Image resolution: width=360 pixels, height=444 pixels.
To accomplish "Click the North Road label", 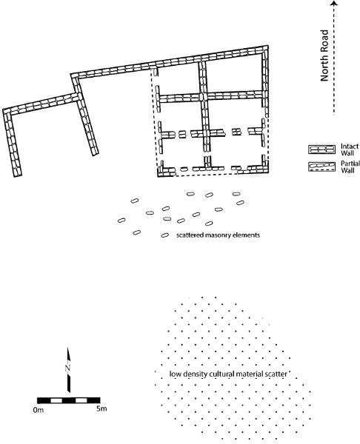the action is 324,55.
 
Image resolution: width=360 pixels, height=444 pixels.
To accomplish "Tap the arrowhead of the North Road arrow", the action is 335,3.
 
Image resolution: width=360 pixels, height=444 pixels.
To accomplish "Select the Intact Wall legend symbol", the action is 321,149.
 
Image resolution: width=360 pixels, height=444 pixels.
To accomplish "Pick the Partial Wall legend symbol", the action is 321,166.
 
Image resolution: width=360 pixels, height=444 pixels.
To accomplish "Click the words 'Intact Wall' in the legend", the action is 349,149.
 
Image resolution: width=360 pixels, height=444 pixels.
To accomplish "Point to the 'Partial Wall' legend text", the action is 350,166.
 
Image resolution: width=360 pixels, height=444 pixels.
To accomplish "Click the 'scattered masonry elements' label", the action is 218,235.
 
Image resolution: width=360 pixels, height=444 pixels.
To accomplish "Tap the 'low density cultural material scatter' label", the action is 228,374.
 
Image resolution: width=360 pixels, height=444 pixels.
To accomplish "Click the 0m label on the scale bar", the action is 39,410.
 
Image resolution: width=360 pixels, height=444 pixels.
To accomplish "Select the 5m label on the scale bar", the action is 101,408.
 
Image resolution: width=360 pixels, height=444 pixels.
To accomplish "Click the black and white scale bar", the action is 69,400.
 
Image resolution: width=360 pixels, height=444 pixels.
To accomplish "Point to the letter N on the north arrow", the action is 67,367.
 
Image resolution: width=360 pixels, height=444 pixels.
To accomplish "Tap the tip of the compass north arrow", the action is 68,348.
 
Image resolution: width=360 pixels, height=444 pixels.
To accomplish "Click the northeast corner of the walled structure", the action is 268,46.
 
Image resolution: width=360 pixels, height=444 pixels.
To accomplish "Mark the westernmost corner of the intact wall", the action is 2,110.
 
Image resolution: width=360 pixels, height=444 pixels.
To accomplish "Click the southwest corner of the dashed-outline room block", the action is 158,177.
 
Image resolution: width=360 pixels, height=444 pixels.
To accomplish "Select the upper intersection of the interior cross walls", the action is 203,96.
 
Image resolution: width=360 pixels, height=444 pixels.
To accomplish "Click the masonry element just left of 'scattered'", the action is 165,235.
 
